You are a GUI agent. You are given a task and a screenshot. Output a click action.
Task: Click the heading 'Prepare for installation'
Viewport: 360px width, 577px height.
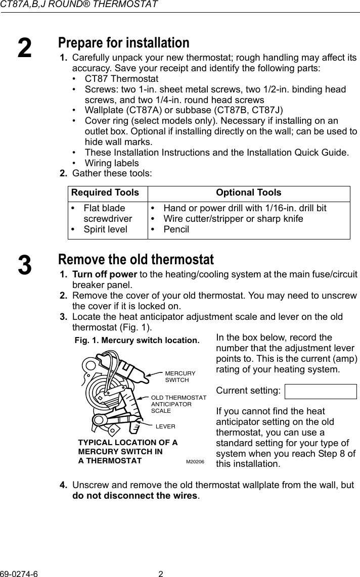click(x=123, y=42)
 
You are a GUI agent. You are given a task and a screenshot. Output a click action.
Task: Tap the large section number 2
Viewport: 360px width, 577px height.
click(x=24, y=48)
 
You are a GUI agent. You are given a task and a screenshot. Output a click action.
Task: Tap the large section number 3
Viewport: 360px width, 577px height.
click(x=24, y=266)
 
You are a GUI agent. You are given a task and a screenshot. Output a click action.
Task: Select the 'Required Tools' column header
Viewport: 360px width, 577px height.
click(x=105, y=193)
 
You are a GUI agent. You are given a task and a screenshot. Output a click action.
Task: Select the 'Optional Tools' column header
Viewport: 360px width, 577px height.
click(x=248, y=193)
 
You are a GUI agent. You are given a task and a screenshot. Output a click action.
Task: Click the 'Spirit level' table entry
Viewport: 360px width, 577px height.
click(x=105, y=229)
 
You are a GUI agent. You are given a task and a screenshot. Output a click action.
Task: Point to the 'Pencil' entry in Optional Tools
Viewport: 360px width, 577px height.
click(x=176, y=229)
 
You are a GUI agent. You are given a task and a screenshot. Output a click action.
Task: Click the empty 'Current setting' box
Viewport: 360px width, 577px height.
click(x=321, y=392)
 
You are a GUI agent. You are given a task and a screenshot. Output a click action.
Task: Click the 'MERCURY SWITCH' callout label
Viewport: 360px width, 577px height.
click(x=179, y=376)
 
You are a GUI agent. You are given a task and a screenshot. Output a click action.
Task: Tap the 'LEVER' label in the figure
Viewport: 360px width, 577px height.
click(x=165, y=426)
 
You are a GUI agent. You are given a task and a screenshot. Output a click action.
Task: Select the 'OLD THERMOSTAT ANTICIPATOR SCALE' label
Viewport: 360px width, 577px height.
click(x=178, y=404)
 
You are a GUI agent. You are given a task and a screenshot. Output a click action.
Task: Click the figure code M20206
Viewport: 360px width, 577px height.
click(x=195, y=462)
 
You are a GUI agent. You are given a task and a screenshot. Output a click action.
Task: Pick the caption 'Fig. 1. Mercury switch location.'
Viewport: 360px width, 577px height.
click(x=137, y=340)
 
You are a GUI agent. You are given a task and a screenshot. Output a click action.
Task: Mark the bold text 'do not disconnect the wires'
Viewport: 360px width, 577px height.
click(x=136, y=495)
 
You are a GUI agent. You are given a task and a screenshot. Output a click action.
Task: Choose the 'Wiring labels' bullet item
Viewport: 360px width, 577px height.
click(x=111, y=163)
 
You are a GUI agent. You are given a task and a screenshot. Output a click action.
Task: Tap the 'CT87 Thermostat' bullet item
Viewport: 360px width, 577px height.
click(x=121, y=79)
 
